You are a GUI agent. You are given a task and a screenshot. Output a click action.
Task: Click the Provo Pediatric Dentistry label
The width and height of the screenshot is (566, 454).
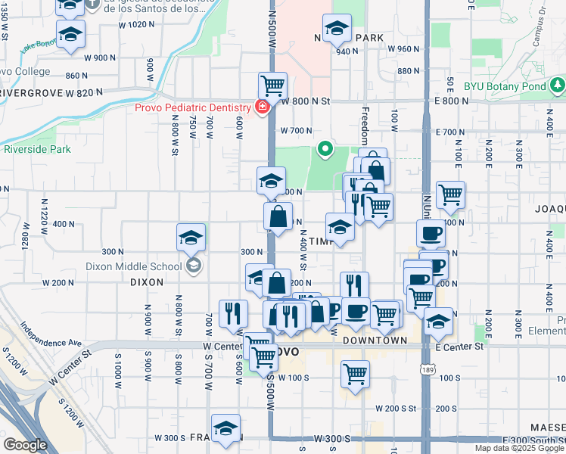click(x=193, y=107)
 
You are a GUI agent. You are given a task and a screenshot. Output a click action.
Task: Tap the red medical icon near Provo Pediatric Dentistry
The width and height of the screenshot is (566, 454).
click(x=262, y=107)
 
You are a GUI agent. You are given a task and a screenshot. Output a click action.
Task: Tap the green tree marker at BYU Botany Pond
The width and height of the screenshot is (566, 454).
click(x=558, y=82)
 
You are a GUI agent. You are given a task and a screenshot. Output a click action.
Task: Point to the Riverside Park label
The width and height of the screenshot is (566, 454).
click(x=37, y=149)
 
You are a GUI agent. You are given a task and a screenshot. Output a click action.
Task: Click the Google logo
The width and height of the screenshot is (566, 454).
click(x=25, y=445)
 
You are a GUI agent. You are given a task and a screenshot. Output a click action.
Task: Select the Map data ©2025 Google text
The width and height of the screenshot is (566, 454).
click(x=519, y=449)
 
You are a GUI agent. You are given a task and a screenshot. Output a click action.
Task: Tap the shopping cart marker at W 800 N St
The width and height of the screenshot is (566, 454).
click(x=272, y=86)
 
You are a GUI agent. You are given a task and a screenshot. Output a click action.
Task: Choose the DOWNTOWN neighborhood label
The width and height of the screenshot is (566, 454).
click(x=376, y=341)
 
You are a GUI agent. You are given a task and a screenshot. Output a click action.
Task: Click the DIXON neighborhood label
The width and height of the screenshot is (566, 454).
click(x=146, y=281)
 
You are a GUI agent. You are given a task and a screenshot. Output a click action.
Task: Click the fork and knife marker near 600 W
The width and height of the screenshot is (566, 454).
click(x=233, y=313)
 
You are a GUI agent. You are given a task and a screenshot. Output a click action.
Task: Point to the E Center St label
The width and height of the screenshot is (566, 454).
click(x=459, y=347)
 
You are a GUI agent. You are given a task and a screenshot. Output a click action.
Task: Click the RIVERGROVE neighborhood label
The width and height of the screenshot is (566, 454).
click(x=30, y=93)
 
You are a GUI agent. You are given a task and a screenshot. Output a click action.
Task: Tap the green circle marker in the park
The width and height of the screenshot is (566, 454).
click(x=326, y=149)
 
